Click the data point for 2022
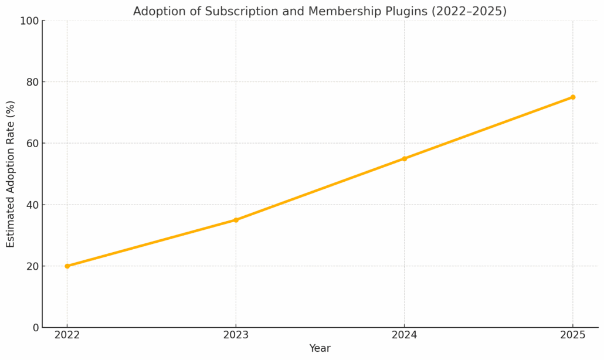click(67, 266)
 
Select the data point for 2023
click(236, 220)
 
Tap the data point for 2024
click(404, 158)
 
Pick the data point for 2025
click(573, 97)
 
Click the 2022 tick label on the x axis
click(67, 335)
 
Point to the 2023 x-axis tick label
click(236, 335)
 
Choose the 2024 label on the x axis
click(404, 335)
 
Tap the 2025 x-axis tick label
click(573, 335)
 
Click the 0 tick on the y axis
click(35, 328)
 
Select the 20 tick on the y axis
click(32, 266)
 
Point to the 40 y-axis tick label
click(32, 205)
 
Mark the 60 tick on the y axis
click(32, 144)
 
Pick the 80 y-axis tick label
click(32, 82)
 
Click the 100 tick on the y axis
click(29, 21)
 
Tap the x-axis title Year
click(320, 348)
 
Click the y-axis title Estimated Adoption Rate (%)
click(11, 174)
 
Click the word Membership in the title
click(339, 12)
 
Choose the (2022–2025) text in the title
click(470, 12)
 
